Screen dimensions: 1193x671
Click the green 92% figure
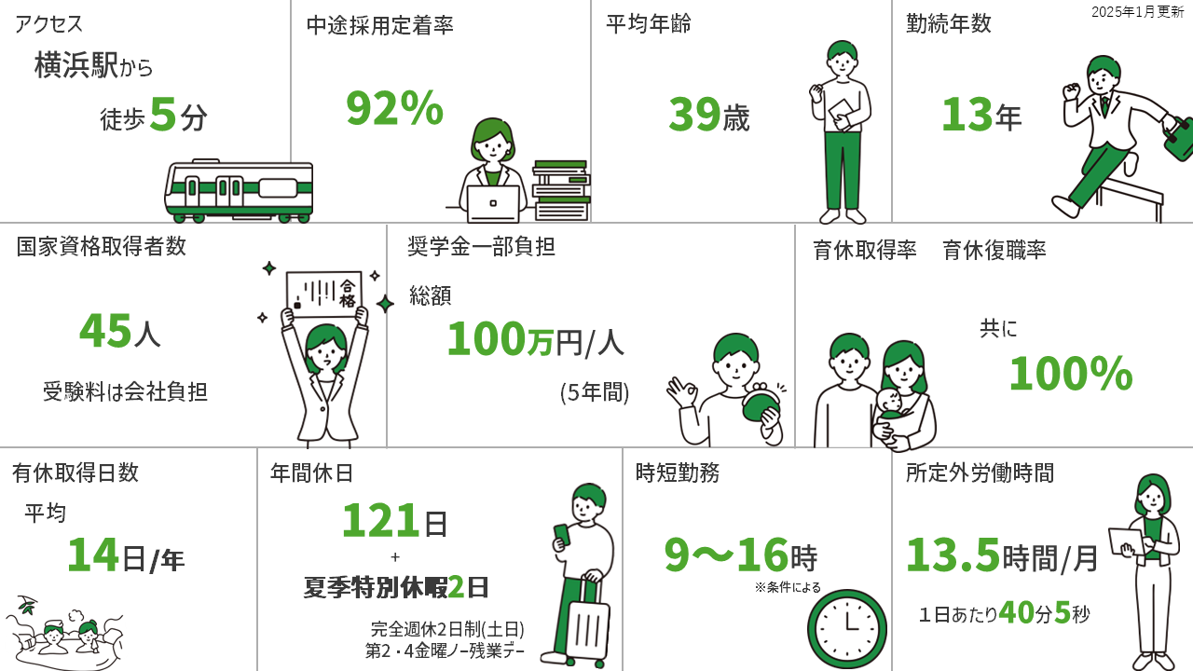point(394,108)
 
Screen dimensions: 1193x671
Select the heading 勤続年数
point(949,23)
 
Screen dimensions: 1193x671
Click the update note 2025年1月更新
point(1138,12)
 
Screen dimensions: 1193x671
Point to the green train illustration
point(239,191)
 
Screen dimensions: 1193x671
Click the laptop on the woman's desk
point(493,203)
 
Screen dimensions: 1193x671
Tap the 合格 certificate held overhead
point(323,294)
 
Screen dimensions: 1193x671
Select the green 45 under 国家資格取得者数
point(105,330)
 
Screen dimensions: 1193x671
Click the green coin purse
point(761,404)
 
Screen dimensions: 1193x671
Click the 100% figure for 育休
point(1071,374)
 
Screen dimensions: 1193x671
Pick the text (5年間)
point(595,392)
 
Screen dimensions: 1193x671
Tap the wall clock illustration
point(847,629)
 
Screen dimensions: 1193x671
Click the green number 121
point(378,520)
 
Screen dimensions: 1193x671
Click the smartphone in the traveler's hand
point(561,535)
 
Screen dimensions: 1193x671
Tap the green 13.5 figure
point(953,555)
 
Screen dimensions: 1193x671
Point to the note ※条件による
point(788,587)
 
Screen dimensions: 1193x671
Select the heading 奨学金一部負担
point(482,247)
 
